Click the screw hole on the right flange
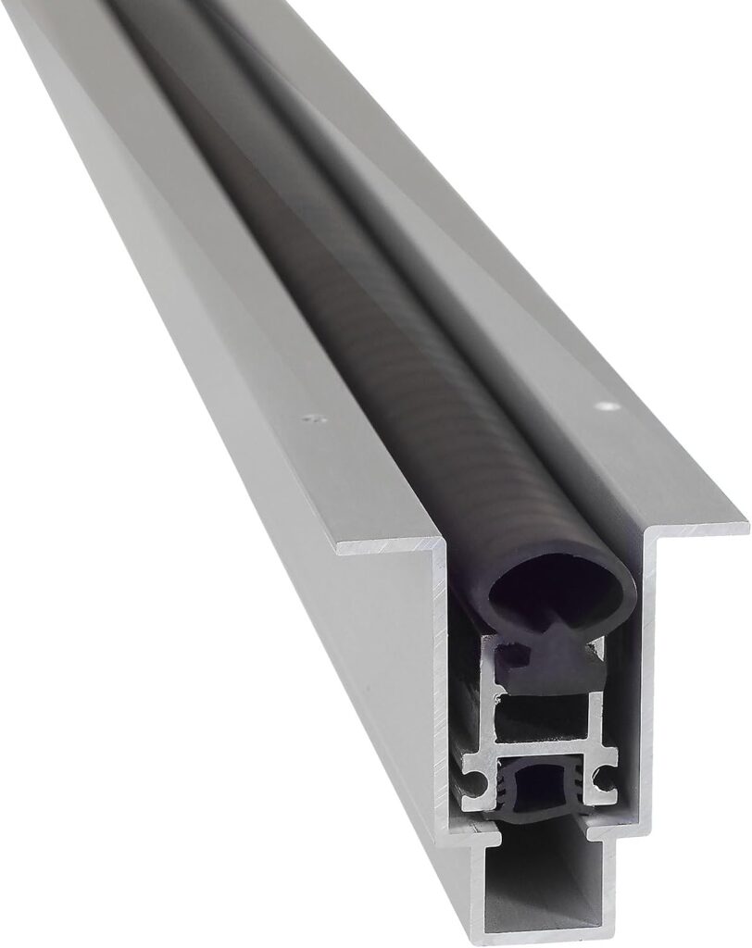(x=607, y=405)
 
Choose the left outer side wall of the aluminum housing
(x=278, y=574)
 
